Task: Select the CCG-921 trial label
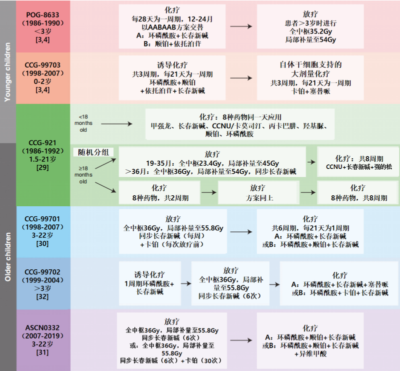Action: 42,142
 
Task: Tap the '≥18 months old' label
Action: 83,174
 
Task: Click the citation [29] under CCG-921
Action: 42,165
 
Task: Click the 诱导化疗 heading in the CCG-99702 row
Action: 148,275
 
